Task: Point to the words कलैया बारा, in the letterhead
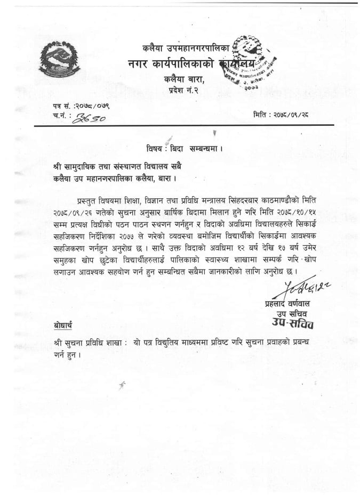point(183,80)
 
